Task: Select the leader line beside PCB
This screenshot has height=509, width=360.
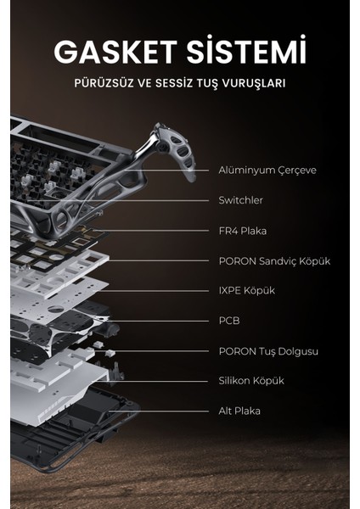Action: tap(183, 321)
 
